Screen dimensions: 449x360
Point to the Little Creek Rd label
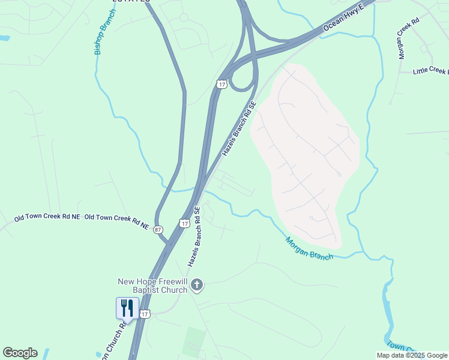(430, 71)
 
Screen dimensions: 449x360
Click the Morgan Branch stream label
(309, 248)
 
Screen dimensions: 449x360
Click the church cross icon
(197, 286)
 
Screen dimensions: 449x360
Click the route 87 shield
(158, 229)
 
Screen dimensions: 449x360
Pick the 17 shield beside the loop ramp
(222, 84)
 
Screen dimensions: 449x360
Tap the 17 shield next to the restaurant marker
(145, 314)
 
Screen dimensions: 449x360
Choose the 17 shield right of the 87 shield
(184, 223)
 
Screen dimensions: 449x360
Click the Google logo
(20, 353)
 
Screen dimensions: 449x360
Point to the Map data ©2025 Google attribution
(412, 355)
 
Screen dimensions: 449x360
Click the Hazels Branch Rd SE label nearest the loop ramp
(240, 129)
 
